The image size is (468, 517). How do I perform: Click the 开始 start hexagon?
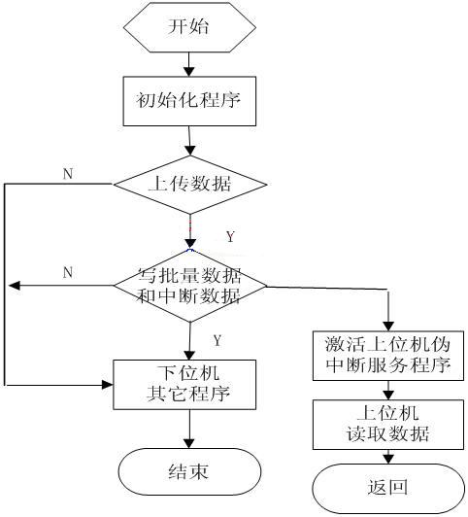click(x=190, y=28)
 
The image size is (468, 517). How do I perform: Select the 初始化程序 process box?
click(x=190, y=100)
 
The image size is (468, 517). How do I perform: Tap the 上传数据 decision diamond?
click(x=190, y=183)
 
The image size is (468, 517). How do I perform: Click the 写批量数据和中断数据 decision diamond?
click(x=190, y=286)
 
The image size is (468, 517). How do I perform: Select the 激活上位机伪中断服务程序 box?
click(x=387, y=357)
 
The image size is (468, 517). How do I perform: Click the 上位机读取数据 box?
click(x=387, y=423)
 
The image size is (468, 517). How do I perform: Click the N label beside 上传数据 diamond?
click(x=68, y=173)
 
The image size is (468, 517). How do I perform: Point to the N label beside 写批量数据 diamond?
click(x=68, y=273)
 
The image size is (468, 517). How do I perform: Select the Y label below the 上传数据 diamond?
click(x=230, y=236)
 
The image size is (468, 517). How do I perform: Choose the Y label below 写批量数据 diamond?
click(x=217, y=340)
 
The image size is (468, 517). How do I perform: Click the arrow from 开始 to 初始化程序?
click(x=190, y=65)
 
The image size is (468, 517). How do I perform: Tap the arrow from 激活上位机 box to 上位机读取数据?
click(x=387, y=391)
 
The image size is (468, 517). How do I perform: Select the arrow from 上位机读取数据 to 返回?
click(x=387, y=456)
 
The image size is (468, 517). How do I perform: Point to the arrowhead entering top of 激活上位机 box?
click(x=387, y=326)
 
